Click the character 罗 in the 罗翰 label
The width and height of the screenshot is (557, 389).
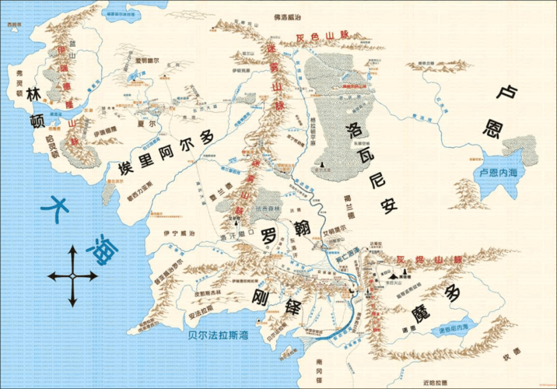[269, 235]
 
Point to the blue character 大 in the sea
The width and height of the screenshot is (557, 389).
[61, 209]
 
